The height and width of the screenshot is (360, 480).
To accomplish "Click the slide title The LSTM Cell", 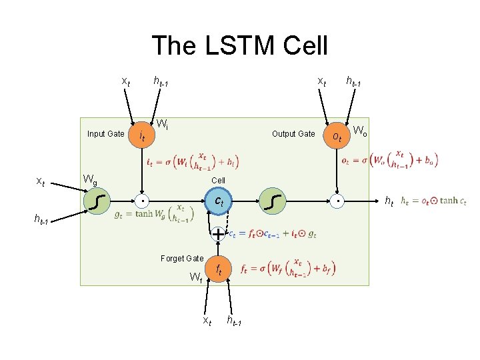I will tap(240, 46).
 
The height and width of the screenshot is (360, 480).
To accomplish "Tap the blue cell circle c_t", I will tap(218, 200).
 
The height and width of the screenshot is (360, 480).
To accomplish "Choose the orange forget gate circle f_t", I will tap(217, 270).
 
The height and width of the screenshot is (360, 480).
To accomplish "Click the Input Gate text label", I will tap(105, 134).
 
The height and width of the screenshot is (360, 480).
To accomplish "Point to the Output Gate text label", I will tap(293, 134).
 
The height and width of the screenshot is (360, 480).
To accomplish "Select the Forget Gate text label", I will tap(182, 259).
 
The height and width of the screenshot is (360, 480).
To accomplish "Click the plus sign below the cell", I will tap(218, 233).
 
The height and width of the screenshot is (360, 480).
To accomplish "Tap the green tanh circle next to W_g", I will tap(99, 200).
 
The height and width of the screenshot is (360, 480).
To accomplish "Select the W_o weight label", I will tap(360, 130).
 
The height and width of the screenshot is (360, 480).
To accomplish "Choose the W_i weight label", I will tap(161, 123).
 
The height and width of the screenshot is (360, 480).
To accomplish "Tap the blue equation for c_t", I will tap(273, 233).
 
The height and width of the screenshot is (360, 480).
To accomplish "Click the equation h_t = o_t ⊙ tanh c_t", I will tap(433, 201).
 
